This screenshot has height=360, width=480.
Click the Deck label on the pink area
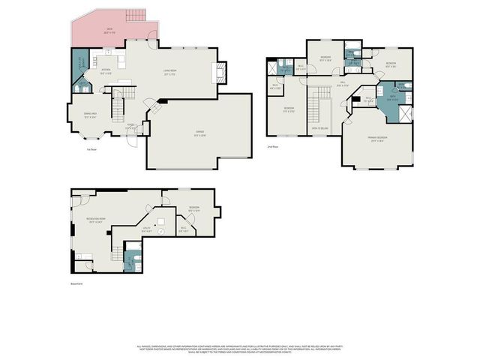pos(109,31)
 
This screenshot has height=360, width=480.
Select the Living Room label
pos(169,73)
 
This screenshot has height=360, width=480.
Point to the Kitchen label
pos(106,73)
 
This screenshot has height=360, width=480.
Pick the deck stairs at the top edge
pos(135,17)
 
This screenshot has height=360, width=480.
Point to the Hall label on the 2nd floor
pos(342,83)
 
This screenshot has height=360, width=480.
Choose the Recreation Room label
pos(96,221)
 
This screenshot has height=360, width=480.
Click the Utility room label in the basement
pos(147,230)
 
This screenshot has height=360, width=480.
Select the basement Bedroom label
pos(193,209)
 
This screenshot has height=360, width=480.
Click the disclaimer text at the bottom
pos(239,348)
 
